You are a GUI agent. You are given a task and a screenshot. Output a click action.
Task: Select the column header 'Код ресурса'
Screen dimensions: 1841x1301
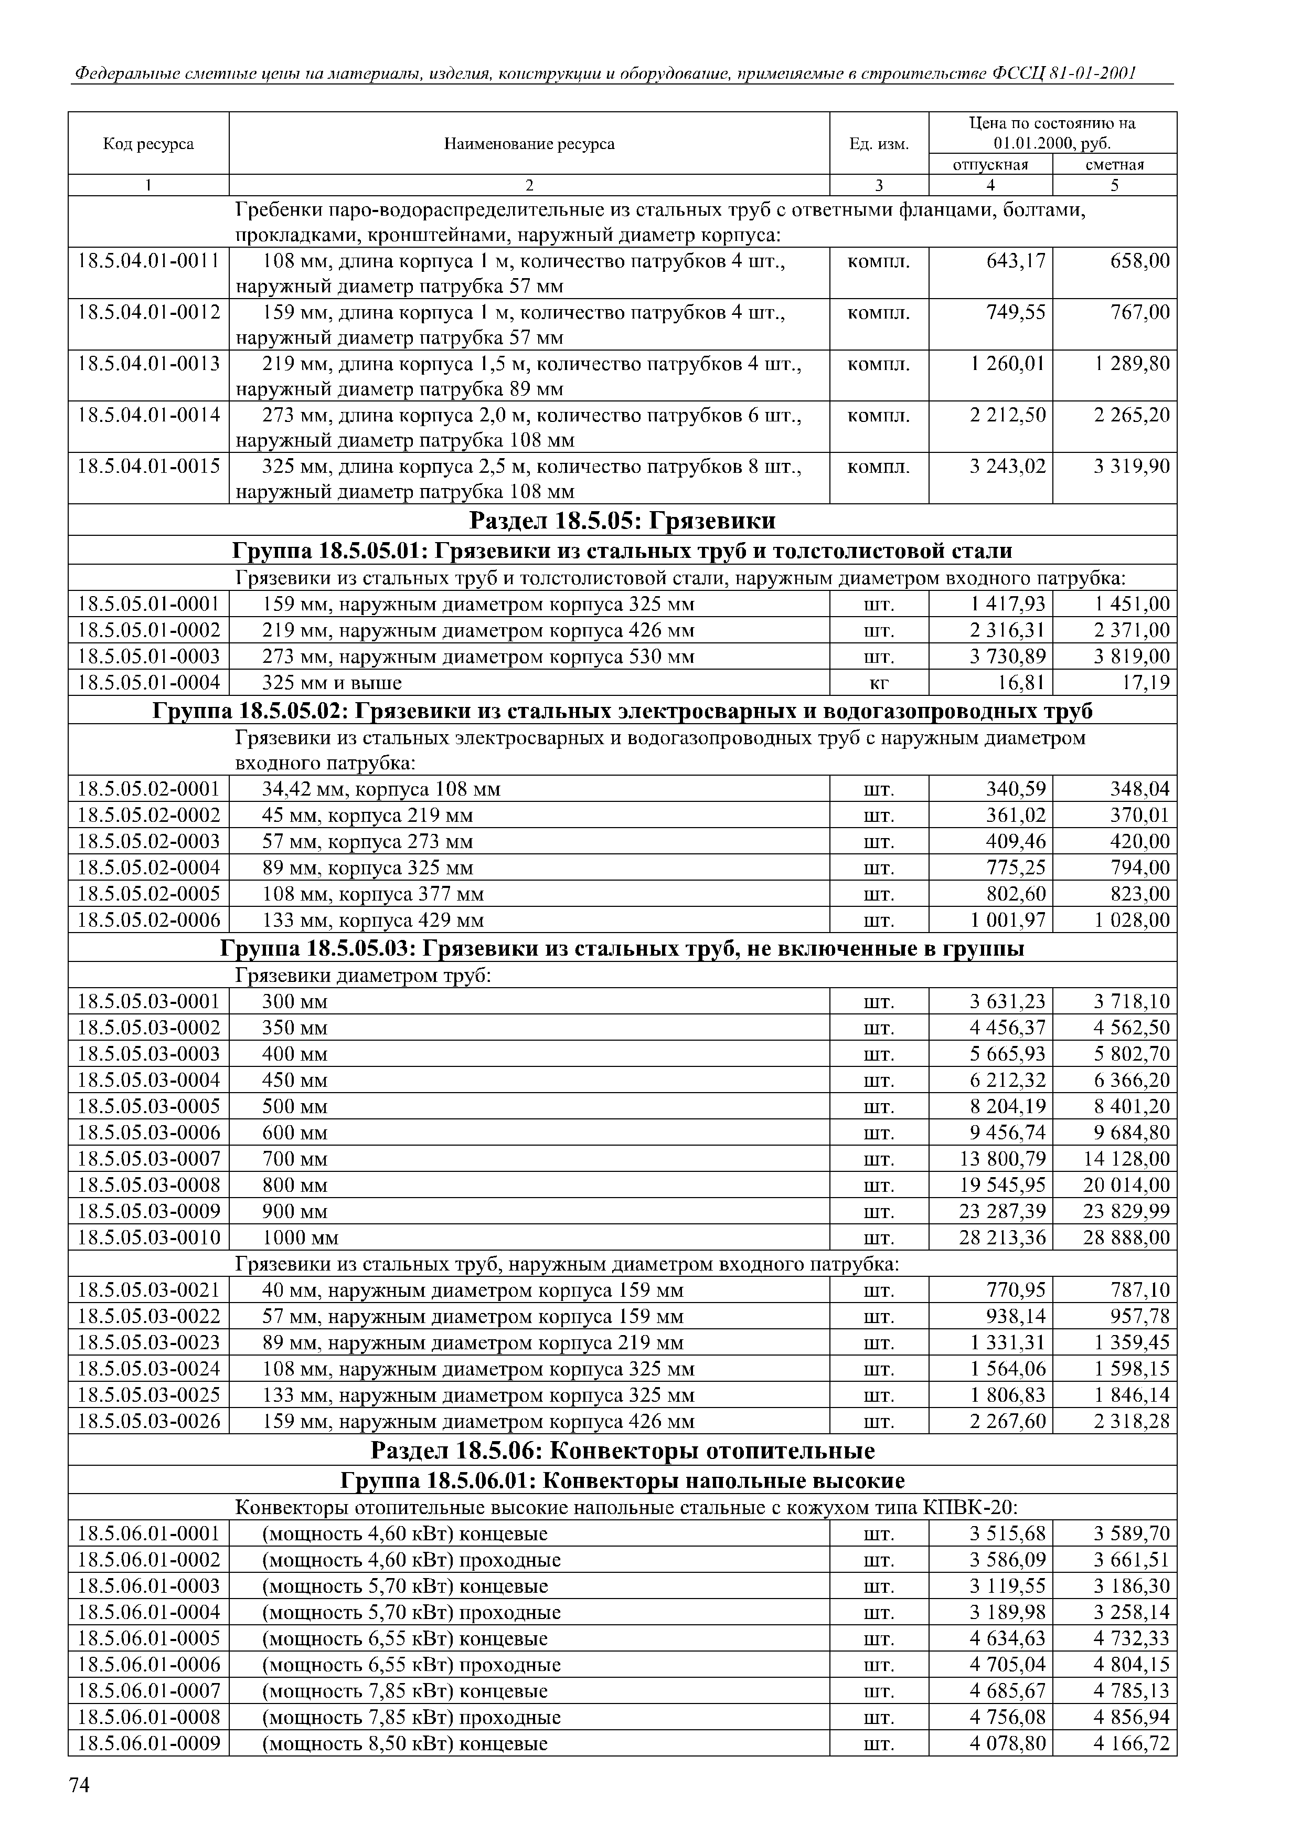[x=148, y=144]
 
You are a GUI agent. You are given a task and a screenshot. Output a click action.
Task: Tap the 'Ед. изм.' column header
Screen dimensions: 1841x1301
[x=879, y=144]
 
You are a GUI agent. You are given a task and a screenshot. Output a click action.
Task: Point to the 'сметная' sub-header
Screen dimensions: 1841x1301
[x=1114, y=164]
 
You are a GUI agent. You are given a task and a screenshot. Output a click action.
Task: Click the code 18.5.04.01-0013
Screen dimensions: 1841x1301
[x=148, y=364]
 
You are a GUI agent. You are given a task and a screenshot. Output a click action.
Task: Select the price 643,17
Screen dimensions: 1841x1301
[x=1016, y=261]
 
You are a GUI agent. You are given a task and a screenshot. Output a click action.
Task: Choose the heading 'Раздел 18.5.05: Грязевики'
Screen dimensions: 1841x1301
[x=622, y=521]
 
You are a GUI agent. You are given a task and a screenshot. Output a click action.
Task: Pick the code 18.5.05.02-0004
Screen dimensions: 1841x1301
[x=148, y=867]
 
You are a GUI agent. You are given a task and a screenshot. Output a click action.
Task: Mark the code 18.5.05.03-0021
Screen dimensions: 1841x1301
[x=148, y=1290]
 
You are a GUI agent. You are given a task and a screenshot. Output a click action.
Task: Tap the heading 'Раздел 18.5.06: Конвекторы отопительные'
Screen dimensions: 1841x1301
[x=622, y=1451]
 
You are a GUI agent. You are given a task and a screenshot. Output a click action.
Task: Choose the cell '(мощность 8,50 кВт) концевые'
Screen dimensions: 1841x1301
[x=405, y=1743]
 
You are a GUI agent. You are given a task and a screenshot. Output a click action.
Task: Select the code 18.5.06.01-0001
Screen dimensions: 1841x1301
[x=148, y=1534]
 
